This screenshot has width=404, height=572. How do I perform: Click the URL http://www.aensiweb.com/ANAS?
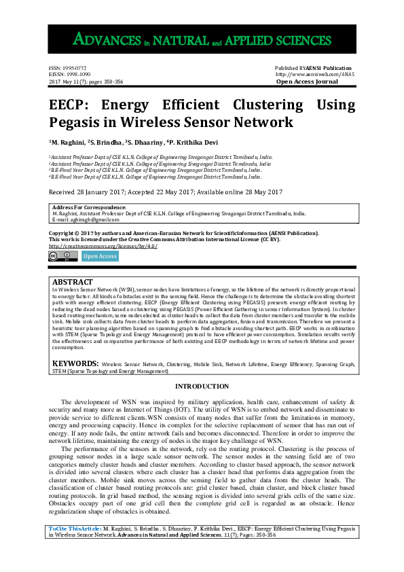[x=314, y=75]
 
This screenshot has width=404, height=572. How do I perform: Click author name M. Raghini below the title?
[x=71, y=143]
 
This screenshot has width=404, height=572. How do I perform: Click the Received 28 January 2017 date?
[x=95, y=192]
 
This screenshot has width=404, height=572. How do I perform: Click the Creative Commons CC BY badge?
[x=62, y=255]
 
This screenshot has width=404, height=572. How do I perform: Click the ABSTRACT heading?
[x=73, y=281]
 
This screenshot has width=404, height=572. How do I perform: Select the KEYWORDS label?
[x=76, y=364]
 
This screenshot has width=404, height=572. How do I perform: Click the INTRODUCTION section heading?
[x=202, y=387]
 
